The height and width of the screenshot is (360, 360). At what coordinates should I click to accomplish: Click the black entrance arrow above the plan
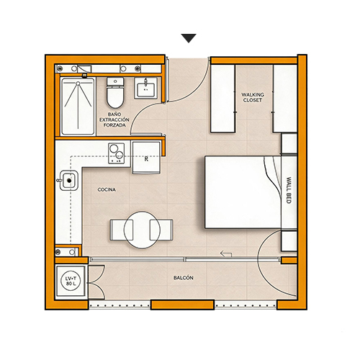[189, 38]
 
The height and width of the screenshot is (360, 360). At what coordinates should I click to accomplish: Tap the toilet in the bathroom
[115, 93]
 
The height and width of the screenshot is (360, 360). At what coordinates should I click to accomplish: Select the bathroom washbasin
[145, 88]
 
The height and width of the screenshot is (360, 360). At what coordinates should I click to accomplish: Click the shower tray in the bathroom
[78, 107]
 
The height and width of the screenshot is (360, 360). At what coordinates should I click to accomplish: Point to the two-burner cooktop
[117, 153]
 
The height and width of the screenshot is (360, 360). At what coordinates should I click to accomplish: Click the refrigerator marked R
[146, 158]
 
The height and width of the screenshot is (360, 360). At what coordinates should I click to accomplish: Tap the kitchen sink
[69, 180]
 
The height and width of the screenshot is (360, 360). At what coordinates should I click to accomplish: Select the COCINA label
[107, 189]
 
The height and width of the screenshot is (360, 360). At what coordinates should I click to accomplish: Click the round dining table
[142, 230]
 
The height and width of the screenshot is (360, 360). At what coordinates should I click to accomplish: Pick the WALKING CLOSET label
[253, 97]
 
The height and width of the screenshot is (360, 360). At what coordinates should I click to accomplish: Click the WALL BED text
[289, 190]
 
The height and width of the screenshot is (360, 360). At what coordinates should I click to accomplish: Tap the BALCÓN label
[184, 278]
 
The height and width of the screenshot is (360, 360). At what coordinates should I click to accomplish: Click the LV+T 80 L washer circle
[71, 282]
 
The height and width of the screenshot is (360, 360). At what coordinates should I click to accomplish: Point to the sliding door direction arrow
[226, 253]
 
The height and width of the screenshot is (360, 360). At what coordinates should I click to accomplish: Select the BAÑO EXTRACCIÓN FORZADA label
[114, 120]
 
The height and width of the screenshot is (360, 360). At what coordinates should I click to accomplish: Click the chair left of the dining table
[122, 230]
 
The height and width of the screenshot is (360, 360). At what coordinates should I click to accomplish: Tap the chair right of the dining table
[161, 230]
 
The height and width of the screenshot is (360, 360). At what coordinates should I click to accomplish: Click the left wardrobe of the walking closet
[222, 99]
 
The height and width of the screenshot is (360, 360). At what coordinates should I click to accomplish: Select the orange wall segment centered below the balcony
[182, 305]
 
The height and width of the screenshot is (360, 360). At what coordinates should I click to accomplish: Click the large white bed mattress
[243, 192]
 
